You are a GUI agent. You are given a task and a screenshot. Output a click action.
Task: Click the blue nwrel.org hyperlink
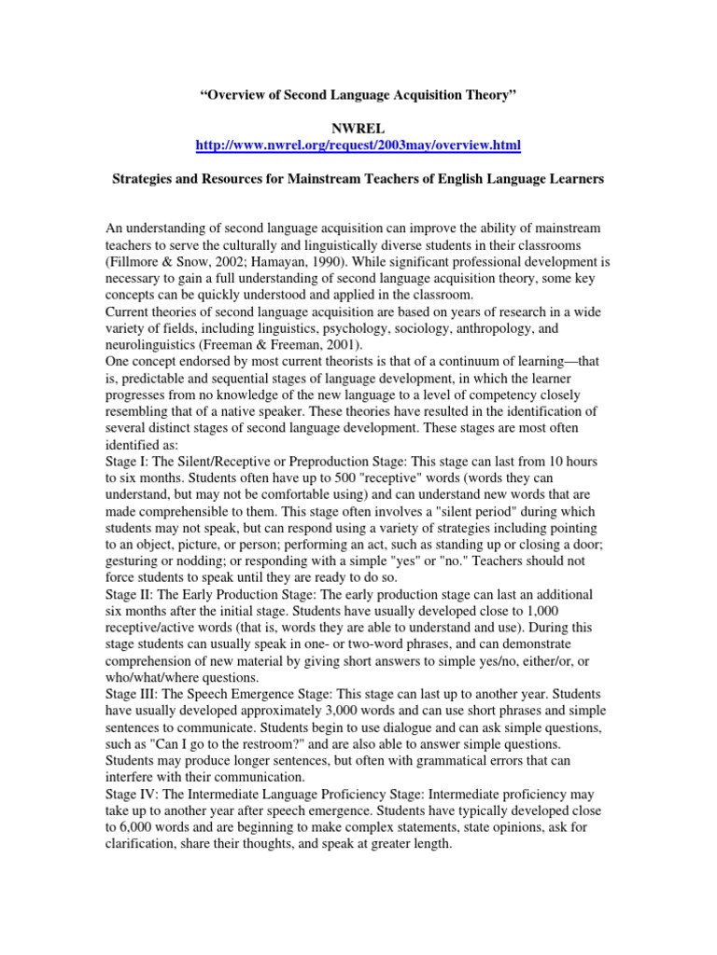tap(358, 145)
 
